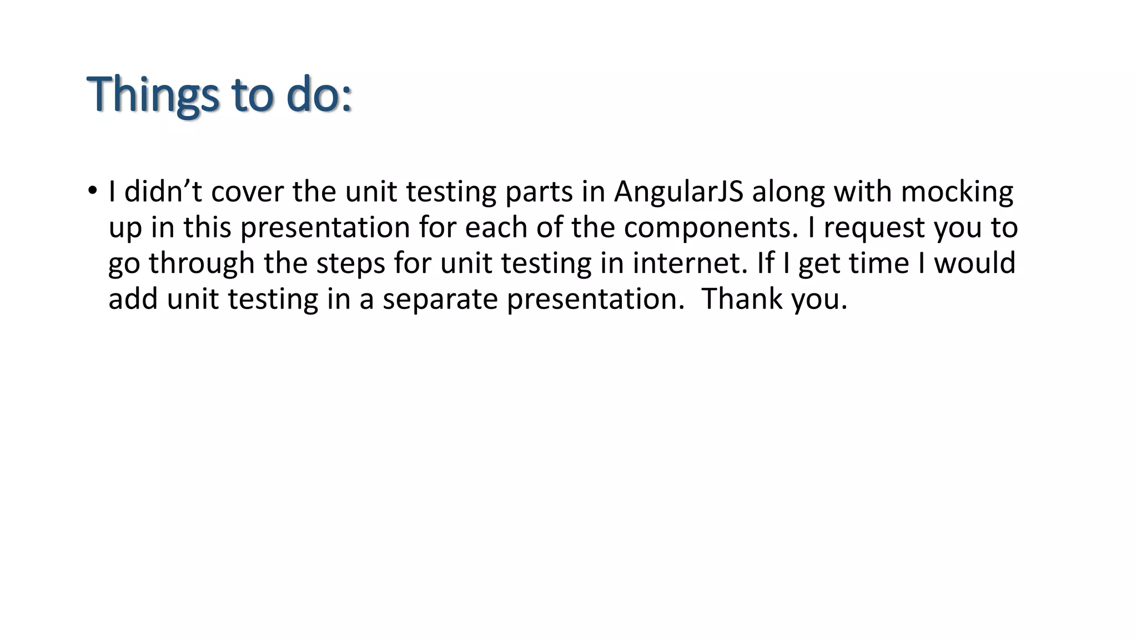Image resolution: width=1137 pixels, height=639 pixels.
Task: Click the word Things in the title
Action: point(153,94)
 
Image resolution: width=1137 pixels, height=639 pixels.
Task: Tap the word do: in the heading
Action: point(319,94)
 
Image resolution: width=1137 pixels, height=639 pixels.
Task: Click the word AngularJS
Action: point(678,191)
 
